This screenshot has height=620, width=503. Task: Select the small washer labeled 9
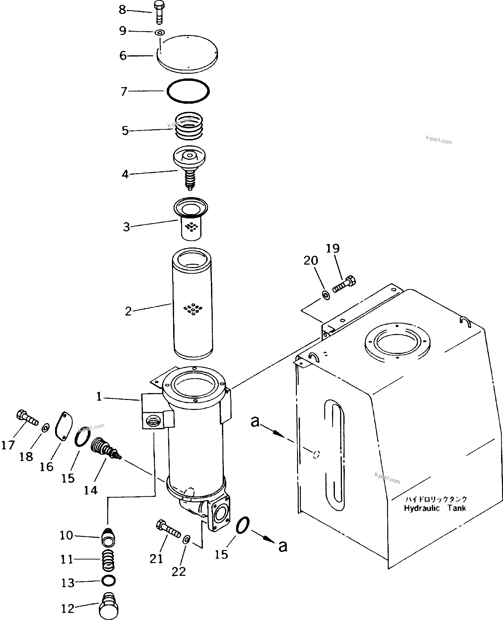click(160, 32)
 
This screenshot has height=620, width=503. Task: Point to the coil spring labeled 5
click(189, 126)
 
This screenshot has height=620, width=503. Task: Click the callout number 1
click(99, 397)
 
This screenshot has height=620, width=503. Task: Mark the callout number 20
click(311, 261)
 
